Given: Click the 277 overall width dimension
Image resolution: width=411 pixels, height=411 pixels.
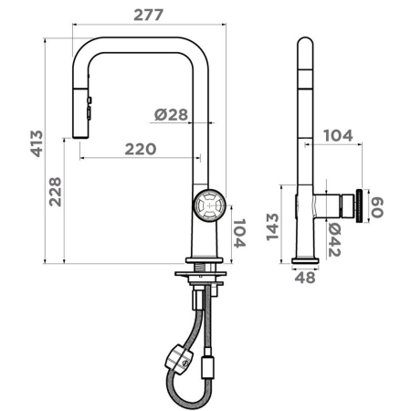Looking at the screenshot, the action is click(149, 15).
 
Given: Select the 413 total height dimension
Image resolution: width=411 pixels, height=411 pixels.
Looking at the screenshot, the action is click(37, 143).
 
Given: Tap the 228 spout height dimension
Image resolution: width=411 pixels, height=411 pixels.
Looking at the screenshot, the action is click(56, 192).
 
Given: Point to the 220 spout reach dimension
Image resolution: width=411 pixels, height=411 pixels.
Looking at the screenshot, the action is click(141, 149).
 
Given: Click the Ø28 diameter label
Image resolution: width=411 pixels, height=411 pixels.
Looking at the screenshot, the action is click(171, 114).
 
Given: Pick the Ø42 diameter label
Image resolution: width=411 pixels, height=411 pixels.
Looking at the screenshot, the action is click(334, 240).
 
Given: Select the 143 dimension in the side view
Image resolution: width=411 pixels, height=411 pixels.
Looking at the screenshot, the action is click(272, 227).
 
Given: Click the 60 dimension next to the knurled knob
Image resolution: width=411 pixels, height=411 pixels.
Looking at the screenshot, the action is click(377, 207).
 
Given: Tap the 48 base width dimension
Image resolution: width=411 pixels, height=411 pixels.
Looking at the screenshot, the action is click(305, 278).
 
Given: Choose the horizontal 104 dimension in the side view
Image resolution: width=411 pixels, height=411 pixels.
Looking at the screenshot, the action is click(338, 135).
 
